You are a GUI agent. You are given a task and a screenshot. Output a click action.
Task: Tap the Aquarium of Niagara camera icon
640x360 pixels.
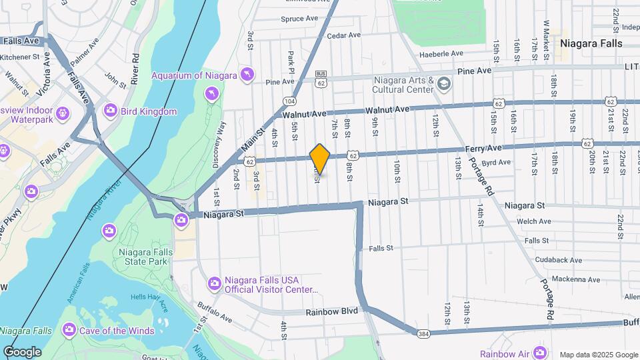(x=247, y=73)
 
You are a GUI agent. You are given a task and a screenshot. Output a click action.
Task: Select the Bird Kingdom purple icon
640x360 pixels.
(x=110, y=110)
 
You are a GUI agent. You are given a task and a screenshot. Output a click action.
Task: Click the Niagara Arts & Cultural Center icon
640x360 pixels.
(x=445, y=84)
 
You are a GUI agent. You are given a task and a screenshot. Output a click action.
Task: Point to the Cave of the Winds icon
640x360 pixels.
(x=69, y=330)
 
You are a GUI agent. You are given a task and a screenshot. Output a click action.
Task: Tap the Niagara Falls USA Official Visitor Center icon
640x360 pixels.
(x=214, y=283)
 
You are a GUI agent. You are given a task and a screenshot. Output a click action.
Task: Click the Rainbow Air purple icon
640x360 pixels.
(x=539, y=353)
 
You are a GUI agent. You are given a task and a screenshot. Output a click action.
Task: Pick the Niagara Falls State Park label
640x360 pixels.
(x=145, y=257)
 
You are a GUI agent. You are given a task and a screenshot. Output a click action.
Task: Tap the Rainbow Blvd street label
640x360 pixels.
(x=332, y=311)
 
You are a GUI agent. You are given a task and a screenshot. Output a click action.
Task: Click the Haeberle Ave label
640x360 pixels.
(x=441, y=53)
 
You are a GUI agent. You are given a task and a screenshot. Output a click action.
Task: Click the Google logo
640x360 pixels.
(x=22, y=352)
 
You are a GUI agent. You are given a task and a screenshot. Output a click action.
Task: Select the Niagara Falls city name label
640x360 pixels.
(x=591, y=43)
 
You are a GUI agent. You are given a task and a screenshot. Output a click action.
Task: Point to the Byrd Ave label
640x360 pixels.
(x=496, y=162)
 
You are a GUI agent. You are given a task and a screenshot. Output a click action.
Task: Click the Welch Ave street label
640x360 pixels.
(x=534, y=221)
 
